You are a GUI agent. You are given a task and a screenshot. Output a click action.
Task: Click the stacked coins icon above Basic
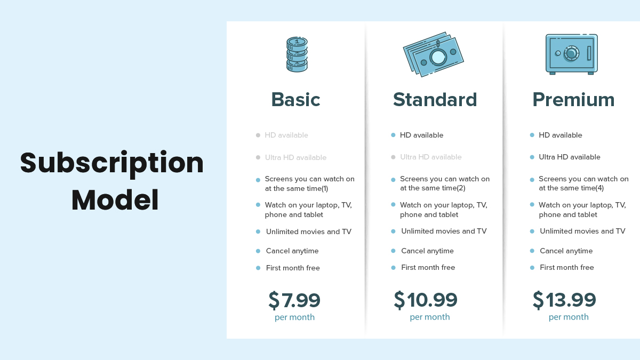(297, 54)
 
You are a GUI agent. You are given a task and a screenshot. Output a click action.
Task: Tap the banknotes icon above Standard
(433, 54)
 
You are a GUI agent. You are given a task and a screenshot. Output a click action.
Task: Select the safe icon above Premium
(571, 54)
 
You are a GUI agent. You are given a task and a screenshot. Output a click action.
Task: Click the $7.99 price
(294, 300)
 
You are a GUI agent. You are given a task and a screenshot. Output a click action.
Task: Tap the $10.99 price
(426, 300)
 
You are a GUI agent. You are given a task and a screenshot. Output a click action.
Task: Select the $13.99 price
(564, 300)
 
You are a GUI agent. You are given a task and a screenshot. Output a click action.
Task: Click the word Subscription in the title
(111, 163)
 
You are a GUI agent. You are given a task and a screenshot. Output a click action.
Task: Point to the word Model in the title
(115, 200)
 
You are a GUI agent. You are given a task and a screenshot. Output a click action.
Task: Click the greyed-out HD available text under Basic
(286, 135)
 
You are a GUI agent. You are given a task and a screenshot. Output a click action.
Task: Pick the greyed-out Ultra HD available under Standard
(430, 157)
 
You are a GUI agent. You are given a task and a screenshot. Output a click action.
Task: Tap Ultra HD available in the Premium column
(570, 157)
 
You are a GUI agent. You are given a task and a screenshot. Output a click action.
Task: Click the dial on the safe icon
(571, 53)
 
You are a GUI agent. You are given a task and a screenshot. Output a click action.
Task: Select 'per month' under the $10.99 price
(430, 317)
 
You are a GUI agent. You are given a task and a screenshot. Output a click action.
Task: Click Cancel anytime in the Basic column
(292, 251)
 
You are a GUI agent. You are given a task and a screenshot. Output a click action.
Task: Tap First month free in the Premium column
(566, 267)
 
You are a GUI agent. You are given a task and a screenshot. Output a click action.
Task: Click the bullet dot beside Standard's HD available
(393, 135)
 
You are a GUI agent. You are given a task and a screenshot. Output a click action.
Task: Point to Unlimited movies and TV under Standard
(444, 231)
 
